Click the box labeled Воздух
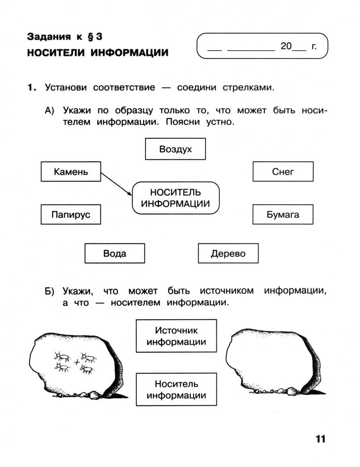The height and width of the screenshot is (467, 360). click(x=175, y=149)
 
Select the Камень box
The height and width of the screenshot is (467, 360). click(x=71, y=172)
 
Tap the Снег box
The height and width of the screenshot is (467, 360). click(x=283, y=172)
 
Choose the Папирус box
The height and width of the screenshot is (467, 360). click(x=71, y=214)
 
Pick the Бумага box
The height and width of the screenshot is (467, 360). click(x=283, y=214)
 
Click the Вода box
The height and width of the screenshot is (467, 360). click(x=115, y=253)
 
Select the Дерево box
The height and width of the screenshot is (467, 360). click(x=228, y=253)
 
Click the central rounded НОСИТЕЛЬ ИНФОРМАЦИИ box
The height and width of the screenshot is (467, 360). click(x=175, y=198)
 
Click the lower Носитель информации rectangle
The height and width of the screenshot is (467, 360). click(x=176, y=389)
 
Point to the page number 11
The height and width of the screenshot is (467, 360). click(x=320, y=439)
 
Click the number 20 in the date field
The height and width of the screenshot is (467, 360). click(x=286, y=46)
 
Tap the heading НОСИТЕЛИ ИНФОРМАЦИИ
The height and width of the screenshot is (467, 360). click(x=97, y=53)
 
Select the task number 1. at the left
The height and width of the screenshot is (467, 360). click(x=31, y=88)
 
